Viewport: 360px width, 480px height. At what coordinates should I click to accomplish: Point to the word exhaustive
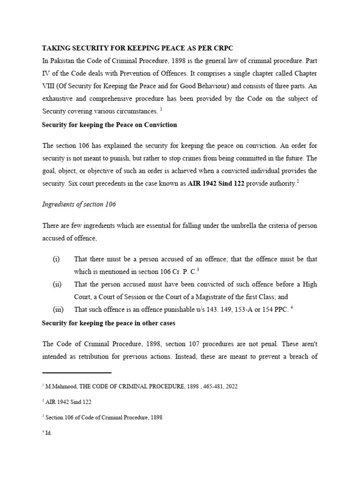coord(58,99)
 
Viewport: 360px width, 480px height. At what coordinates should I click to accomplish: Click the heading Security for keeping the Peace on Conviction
coord(109,125)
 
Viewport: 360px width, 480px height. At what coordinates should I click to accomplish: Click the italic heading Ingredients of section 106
coord(79,205)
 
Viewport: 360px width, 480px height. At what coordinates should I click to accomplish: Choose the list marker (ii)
coord(56,284)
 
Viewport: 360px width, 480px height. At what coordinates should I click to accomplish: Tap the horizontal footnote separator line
coord(76,373)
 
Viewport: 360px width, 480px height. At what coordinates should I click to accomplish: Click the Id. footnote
coord(48,433)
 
